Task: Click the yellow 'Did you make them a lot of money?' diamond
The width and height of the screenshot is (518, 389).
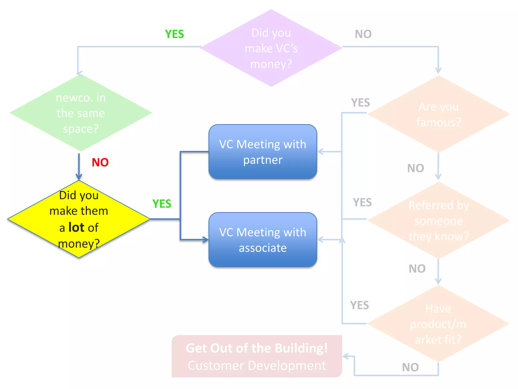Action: tap(79, 219)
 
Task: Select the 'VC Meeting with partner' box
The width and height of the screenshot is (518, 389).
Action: tap(263, 152)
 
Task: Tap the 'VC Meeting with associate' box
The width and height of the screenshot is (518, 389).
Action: tap(263, 240)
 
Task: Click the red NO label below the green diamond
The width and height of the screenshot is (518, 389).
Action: tap(100, 162)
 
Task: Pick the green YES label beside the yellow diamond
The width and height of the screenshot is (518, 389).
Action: tap(162, 204)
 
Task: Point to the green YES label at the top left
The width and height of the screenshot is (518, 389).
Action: tap(174, 34)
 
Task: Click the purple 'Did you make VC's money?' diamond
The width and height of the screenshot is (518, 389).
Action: tap(271, 48)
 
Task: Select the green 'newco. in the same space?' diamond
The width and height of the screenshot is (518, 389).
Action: tap(81, 113)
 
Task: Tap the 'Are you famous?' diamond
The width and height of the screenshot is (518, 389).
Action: tap(439, 114)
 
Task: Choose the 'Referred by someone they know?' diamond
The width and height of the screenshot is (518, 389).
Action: tap(439, 221)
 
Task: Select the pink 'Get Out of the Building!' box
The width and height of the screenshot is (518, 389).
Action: tap(257, 356)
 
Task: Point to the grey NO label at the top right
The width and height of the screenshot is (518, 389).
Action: tap(363, 34)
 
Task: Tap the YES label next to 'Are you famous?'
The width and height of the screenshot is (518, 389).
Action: tap(360, 103)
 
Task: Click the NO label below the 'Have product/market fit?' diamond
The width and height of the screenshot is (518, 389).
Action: tap(410, 367)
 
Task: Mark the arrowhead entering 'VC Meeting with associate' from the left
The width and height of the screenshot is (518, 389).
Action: tap(205, 240)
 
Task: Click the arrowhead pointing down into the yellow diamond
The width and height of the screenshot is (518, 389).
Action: tap(79, 177)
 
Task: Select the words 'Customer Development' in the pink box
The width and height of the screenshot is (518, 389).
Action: tap(257, 365)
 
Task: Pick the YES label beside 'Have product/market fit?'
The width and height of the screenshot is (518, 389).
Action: tap(359, 305)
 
